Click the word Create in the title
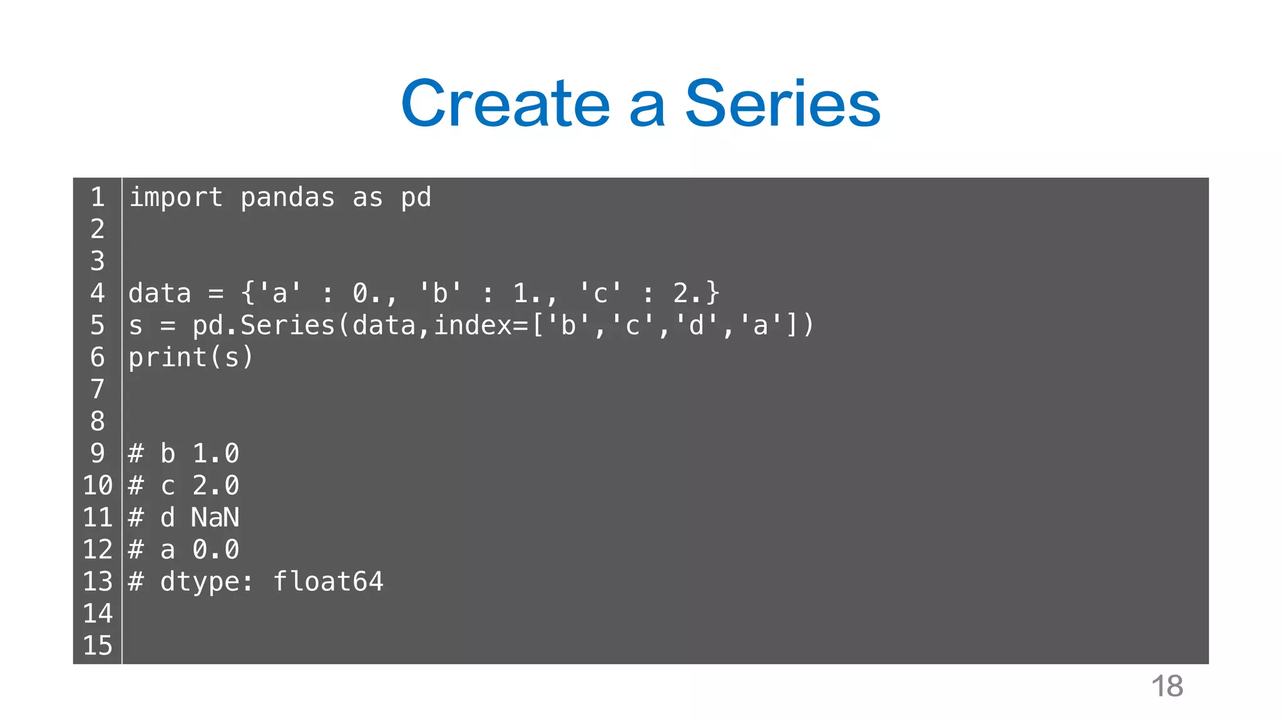click(505, 103)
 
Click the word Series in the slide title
click(782, 103)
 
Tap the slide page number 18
click(1167, 687)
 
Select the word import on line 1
click(176, 198)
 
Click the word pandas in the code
click(288, 198)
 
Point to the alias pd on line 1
click(416, 198)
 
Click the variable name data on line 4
click(160, 294)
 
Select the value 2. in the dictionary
click(688, 294)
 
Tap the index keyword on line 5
click(473, 325)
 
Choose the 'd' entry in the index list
click(696, 325)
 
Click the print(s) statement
click(191, 357)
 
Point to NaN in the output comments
click(215, 518)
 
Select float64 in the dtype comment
click(329, 582)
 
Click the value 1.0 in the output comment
click(215, 454)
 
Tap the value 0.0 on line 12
click(215, 550)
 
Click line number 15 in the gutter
click(98, 646)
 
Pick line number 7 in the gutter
click(98, 389)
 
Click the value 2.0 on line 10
click(215, 486)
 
